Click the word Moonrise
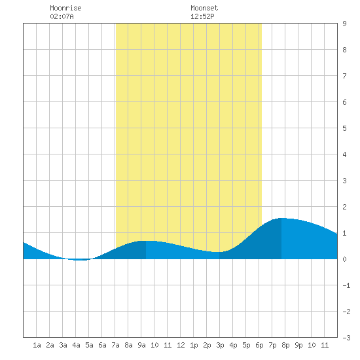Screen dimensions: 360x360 [65, 8]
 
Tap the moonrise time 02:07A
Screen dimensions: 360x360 [62, 16]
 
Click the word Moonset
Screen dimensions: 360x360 [204, 8]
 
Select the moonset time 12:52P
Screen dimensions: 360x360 [202, 16]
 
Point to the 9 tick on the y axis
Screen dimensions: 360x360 [344, 24]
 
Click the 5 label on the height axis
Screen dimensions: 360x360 [344, 128]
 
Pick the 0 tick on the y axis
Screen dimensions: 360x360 [344, 259]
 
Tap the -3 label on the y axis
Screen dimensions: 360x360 [346, 338]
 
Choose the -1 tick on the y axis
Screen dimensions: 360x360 [346, 285]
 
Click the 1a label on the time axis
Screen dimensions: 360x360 [37, 345]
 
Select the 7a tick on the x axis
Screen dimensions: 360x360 [115, 345]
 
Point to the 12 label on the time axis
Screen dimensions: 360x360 [181, 345]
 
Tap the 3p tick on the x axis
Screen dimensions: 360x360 [220, 345]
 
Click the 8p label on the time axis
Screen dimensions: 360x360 [285, 345]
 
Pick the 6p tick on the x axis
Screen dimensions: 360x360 [259, 345]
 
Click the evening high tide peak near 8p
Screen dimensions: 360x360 [281, 218]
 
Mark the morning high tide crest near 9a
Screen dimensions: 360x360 [146, 241]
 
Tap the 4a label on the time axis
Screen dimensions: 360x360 [76, 345]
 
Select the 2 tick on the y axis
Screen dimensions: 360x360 [344, 207]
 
